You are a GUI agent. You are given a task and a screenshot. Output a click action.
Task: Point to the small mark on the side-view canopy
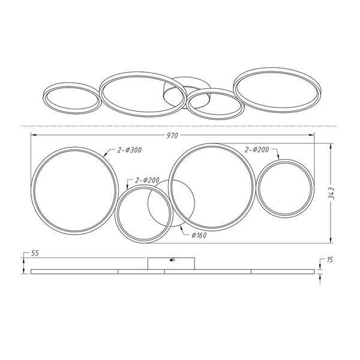point(173,260)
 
